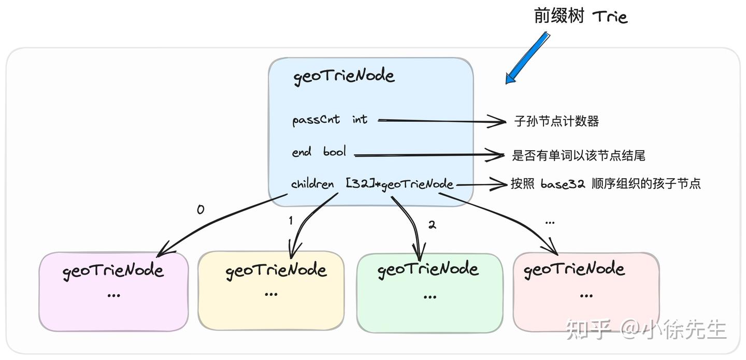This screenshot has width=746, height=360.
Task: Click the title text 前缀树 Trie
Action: (x=580, y=17)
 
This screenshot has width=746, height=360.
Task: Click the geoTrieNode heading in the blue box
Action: (x=344, y=76)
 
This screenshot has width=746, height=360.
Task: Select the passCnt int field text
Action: (x=329, y=120)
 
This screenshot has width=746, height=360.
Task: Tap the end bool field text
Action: (x=319, y=152)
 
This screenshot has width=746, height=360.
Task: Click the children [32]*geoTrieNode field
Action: (x=372, y=184)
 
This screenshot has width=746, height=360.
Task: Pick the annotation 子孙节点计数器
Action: (x=556, y=121)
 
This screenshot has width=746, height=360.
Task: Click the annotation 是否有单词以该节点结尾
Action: (x=579, y=155)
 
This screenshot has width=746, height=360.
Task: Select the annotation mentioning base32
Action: (x=606, y=184)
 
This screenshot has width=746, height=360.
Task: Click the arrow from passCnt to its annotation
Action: (x=440, y=122)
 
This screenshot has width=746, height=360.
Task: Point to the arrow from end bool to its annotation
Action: (x=427, y=154)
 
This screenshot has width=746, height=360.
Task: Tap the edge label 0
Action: (x=200, y=210)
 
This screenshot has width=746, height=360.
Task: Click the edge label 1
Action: (x=291, y=221)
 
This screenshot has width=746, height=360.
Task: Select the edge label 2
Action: (x=432, y=225)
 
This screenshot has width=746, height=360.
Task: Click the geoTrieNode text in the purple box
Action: (x=113, y=270)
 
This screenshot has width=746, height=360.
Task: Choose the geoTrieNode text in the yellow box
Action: (x=276, y=270)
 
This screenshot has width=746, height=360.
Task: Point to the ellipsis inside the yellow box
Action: (x=271, y=294)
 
